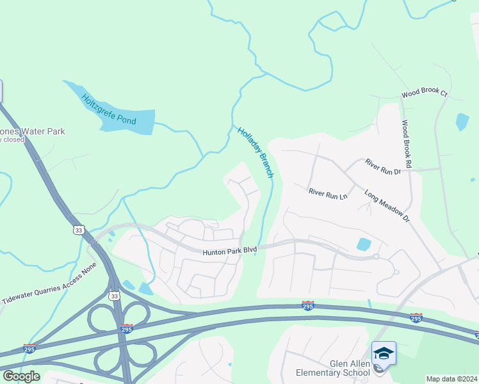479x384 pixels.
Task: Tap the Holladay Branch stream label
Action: coord(256,152)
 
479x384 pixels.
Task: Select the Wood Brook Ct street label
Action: coord(424,93)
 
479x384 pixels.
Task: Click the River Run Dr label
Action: coord(383,167)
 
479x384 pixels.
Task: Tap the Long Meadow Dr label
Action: coord(387,205)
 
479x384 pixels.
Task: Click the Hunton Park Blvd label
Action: coord(229,252)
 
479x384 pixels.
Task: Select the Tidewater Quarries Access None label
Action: coord(49,282)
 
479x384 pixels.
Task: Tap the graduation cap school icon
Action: coord(384,353)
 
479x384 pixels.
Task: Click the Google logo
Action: coord(21,376)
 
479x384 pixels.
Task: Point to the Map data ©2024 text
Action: coord(452,379)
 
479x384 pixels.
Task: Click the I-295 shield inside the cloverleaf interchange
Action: coord(127,328)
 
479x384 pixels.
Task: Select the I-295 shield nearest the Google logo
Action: coord(29,349)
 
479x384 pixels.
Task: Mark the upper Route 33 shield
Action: coord(78,230)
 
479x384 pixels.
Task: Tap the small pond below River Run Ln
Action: coord(364,244)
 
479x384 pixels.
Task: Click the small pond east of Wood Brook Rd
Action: coord(462,122)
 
